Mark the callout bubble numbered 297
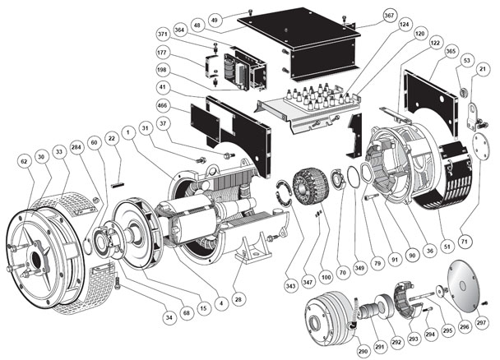(481, 325)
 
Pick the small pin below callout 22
(114, 172)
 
